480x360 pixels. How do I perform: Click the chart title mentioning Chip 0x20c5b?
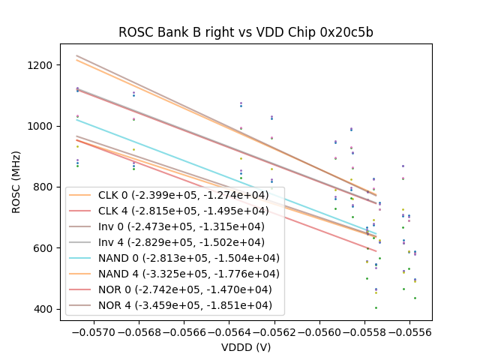[x=245, y=33]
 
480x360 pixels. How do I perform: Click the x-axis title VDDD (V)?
[x=245, y=347]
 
